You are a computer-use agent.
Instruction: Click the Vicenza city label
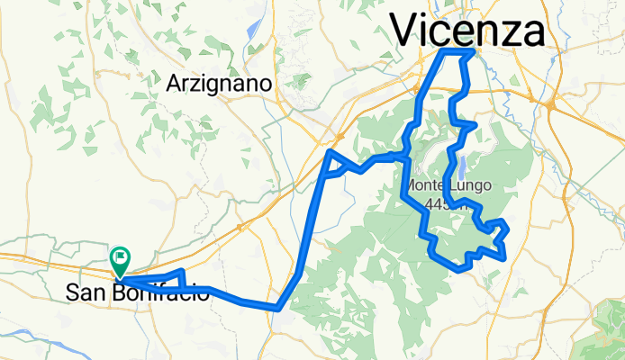[467, 31]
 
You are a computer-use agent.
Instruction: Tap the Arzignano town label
[220, 84]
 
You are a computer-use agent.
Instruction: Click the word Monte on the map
[425, 187]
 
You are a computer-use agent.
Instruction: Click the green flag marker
[120, 260]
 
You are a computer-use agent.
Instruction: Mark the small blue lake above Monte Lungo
[461, 166]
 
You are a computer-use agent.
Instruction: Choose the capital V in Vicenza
[406, 31]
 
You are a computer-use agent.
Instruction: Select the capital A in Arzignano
[174, 84]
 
